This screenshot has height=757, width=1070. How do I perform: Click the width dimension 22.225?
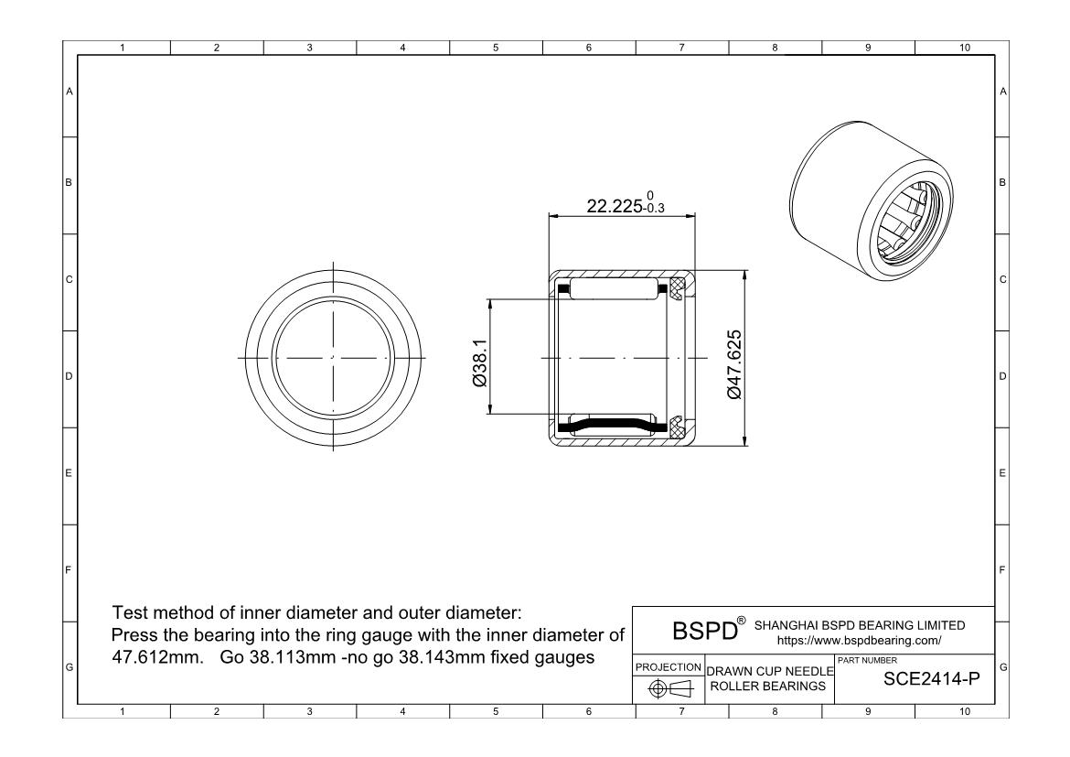click(615, 207)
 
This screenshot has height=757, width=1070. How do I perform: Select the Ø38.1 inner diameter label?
click(479, 357)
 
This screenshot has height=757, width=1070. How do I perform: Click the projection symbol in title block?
click(669, 687)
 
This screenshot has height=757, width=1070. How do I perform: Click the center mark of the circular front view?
click(333, 357)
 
